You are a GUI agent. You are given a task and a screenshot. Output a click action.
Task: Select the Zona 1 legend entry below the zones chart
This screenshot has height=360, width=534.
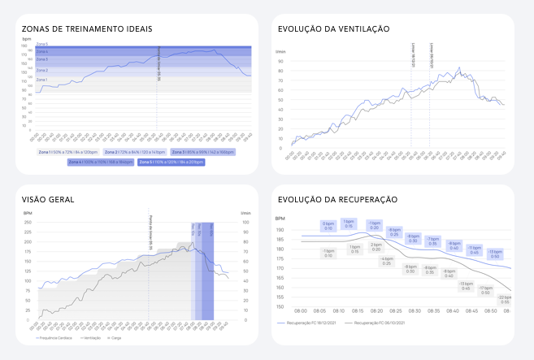point(72,151)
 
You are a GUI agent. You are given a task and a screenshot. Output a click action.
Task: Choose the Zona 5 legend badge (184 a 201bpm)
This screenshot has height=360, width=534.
point(171,162)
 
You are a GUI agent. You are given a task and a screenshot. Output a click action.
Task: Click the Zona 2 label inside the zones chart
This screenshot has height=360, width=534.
point(42,71)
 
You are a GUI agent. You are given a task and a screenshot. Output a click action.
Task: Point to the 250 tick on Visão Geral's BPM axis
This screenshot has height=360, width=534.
point(27,222)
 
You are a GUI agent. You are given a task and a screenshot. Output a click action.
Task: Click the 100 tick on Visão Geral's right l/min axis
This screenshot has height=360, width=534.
point(245,222)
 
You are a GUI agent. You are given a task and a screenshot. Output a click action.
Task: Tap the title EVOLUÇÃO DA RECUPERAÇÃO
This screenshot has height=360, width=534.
point(337,199)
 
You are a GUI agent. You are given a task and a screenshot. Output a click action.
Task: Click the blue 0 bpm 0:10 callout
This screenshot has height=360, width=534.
point(328,225)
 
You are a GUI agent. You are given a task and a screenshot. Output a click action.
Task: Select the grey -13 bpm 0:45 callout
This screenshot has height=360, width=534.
point(466,286)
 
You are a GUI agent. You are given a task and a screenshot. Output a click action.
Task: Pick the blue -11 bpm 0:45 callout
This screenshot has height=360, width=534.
point(474,249)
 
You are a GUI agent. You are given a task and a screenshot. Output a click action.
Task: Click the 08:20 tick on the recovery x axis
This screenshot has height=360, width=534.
point(376,311)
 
